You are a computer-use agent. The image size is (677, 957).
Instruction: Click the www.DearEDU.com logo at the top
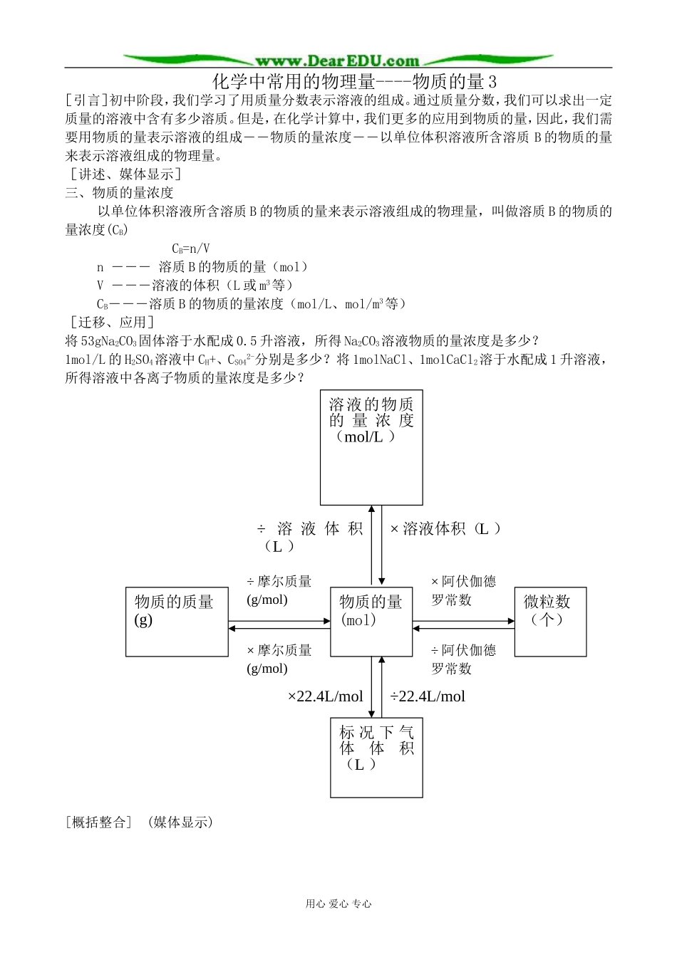(x=337, y=61)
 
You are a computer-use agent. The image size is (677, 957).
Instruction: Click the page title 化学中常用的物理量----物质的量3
(x=355, y=81)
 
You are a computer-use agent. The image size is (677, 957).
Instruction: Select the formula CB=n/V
(x=190, y=249)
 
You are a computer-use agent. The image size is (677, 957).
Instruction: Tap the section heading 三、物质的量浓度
(x=119, y=192)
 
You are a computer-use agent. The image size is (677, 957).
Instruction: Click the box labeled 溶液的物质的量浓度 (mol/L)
(x=371, y=447)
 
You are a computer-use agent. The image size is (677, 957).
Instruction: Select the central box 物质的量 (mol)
(x=371, y=620)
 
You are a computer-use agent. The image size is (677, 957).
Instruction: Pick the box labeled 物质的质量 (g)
(x=177, y=621)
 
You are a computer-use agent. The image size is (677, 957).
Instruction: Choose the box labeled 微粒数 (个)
(x=550, y=621)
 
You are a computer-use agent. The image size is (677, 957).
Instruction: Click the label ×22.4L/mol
(x=325, y=696)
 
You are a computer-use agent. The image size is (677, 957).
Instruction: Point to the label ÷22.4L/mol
(x=428, y=696)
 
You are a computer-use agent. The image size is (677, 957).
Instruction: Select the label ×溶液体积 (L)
(x=445, y=528)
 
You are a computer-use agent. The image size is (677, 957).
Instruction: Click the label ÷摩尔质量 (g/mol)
(x=279, y=590)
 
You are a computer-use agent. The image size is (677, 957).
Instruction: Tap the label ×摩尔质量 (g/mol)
(x=279, y=659)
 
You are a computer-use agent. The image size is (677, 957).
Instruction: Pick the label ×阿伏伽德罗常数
(x=463, y=590)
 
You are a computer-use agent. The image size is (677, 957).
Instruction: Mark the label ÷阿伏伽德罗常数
(x=463, y=659)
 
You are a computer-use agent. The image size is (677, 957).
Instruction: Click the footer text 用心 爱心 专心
(x=338, y=904)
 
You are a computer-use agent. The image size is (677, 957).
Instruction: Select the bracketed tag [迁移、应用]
(x=109, y=323)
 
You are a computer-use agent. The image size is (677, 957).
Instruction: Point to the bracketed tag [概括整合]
(x=98, y=822)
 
